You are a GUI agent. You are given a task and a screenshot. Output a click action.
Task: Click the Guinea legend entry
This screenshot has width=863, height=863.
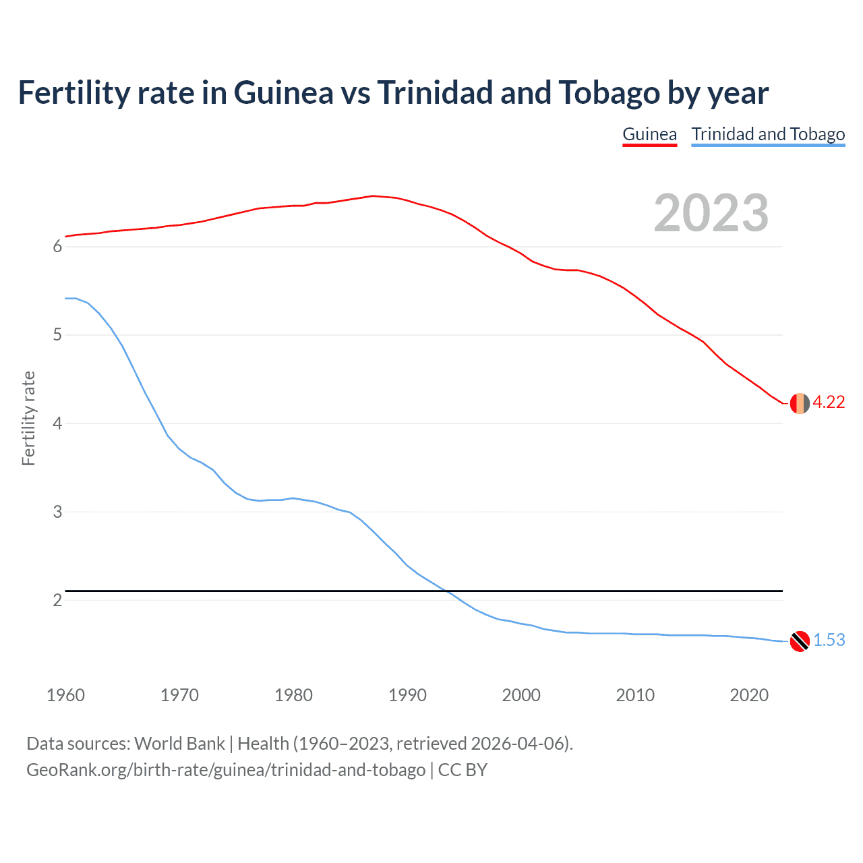649,134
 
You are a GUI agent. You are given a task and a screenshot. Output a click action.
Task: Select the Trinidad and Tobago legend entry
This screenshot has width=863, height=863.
768,134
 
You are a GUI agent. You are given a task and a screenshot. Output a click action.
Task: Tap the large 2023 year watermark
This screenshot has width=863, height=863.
711,213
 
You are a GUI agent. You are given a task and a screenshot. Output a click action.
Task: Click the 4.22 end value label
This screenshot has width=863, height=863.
829,403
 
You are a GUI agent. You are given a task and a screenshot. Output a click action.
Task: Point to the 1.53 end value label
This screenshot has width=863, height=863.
829,640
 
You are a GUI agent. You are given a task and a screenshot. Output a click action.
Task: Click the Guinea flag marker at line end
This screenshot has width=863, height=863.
800,403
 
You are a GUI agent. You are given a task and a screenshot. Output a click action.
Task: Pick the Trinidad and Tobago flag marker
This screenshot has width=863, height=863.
800,641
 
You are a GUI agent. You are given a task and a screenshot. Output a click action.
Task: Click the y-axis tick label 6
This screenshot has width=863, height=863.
57,247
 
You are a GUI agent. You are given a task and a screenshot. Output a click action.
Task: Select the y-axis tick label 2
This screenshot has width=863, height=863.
57,600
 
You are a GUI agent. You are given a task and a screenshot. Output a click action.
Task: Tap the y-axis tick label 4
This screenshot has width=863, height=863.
57,423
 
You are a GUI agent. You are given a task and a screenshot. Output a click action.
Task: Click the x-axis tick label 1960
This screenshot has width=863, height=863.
65,695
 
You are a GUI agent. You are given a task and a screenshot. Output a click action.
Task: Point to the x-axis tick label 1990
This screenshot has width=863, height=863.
407,695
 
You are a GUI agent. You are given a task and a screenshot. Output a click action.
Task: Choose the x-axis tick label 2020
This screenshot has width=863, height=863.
749,695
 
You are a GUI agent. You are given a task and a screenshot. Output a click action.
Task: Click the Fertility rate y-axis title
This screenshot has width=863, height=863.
28,418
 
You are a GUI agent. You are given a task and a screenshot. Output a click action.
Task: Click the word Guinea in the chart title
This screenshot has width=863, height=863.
283,93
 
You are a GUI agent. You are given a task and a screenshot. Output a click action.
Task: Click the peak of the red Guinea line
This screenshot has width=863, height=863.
373,196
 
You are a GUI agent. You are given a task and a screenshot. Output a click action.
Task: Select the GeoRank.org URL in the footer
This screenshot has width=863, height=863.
226,770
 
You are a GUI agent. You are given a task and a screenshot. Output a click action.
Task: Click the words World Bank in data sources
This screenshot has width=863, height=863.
179,744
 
